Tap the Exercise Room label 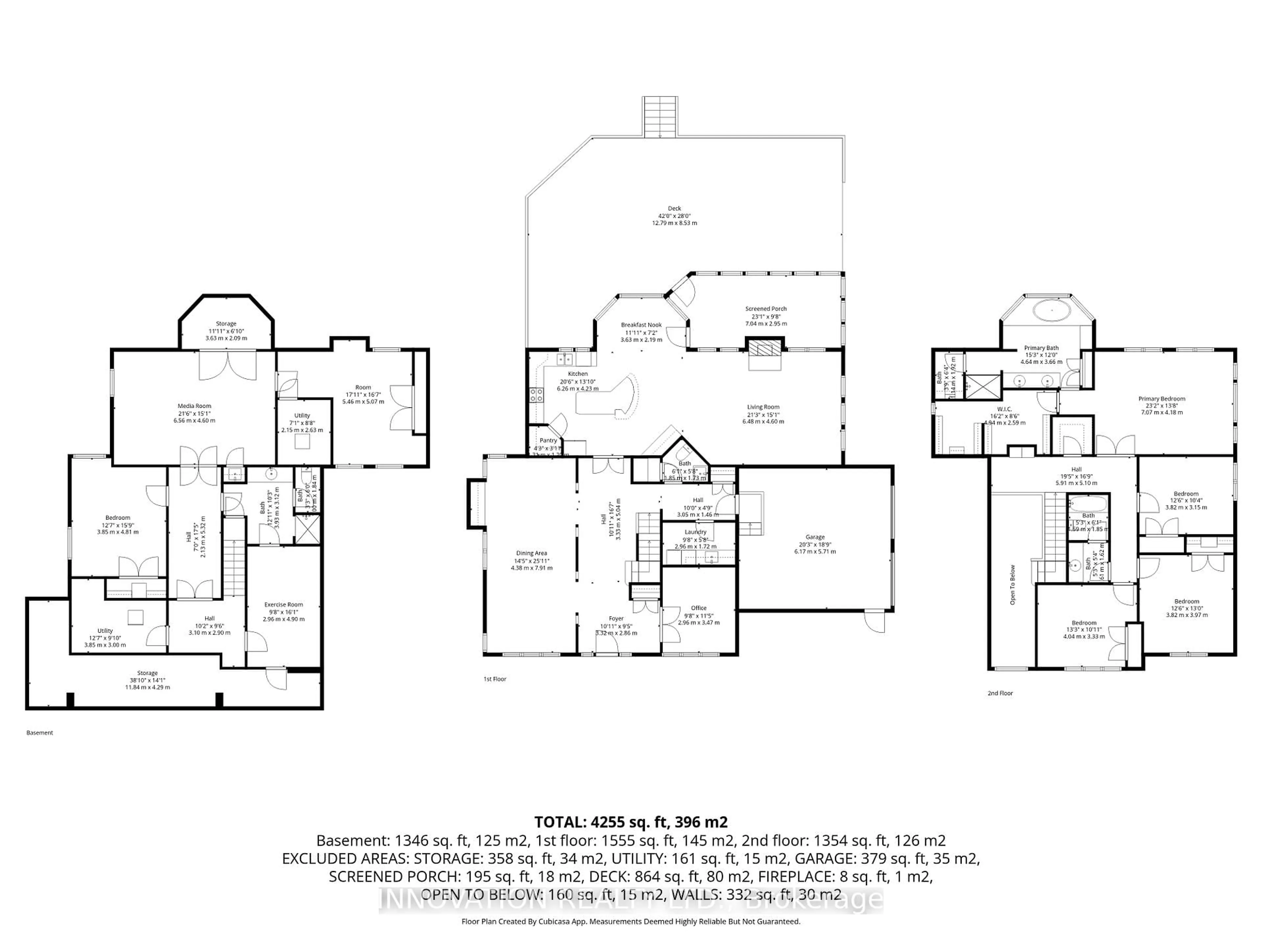point(284,604)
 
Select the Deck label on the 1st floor point(674,208)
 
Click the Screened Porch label point(766,309)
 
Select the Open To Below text point(1013,585)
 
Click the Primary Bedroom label point(1161,399)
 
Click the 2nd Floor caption point(1000,693)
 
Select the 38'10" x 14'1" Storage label point(147,673)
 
